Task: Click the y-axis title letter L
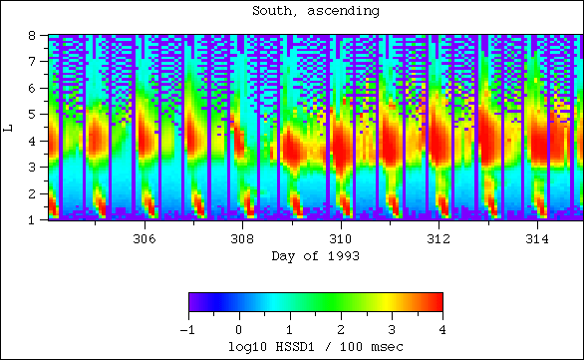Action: tap(8, 127)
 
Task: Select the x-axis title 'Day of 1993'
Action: tap(315, 256)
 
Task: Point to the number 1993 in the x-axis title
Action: tap(343, 256)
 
